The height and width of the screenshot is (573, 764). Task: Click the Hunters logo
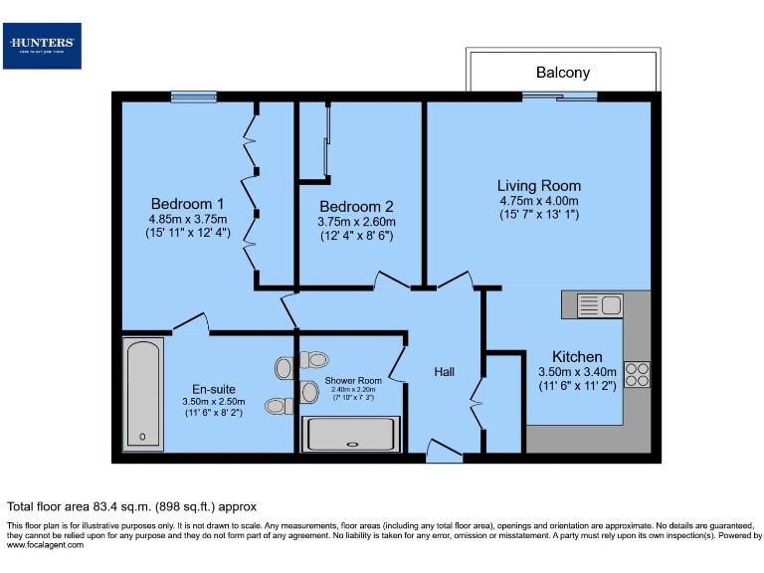click(42, 46)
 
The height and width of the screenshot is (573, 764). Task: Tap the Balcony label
click(562, 72)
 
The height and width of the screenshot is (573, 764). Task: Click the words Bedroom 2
click(356, 206)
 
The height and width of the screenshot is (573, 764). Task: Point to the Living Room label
click(539, 185)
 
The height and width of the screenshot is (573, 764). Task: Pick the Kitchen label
click(577, 356)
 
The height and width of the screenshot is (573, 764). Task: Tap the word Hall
click(444, 371)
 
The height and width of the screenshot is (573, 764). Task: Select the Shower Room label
click(353, 380)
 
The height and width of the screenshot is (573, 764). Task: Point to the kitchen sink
click(599, 305)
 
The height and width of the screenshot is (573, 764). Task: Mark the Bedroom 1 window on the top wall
click(194, 96)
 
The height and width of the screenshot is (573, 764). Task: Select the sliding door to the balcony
click(561, 96)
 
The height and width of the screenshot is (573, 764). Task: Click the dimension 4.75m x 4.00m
click(539, 200)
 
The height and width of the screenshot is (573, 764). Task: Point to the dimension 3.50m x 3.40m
click(577, 371)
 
